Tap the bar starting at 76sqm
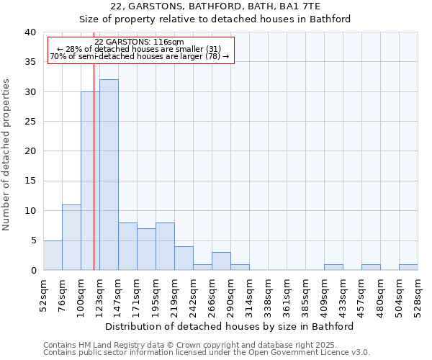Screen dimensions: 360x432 71,238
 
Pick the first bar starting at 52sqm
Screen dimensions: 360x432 53,256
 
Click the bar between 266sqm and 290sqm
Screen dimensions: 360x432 221,261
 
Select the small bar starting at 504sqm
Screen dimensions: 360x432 408,267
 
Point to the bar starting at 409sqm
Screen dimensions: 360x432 333,267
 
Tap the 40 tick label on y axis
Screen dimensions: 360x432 30,32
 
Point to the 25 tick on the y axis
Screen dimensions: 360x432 30,122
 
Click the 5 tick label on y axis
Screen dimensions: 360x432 32,240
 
